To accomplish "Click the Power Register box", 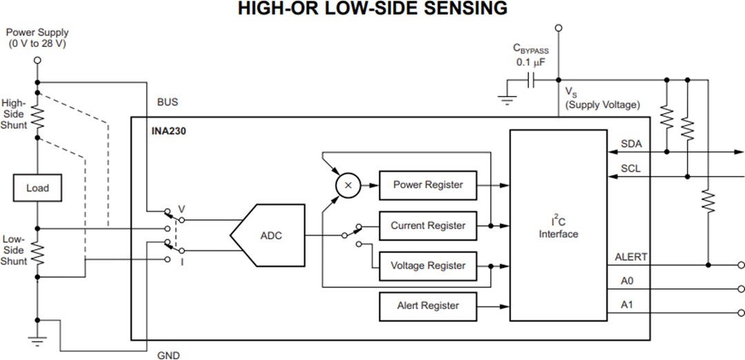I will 428,185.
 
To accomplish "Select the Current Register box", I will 428,226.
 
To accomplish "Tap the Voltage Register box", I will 428,266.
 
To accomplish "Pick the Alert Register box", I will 428,306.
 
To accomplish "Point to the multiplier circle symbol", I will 348,186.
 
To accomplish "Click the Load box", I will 37,188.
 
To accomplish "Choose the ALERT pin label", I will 631,257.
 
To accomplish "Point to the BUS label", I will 168,102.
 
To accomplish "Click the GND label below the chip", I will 168,355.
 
